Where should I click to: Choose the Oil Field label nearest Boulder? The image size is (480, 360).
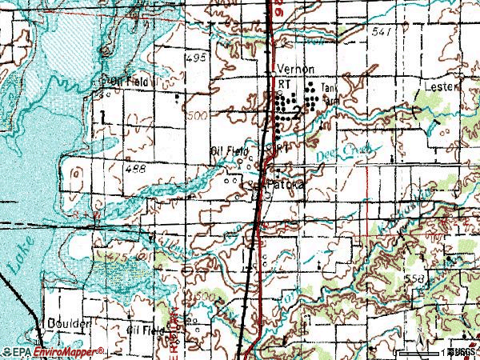[145, 328]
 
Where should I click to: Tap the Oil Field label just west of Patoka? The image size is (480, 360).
[230, 150]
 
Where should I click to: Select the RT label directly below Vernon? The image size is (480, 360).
[282, 82]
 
